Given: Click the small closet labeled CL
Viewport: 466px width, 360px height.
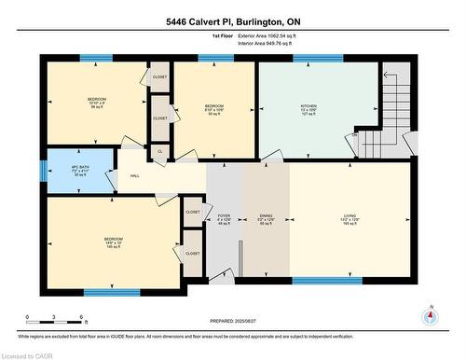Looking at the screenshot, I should tap(159, 150).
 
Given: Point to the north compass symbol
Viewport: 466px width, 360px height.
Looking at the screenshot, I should tap(430, 315).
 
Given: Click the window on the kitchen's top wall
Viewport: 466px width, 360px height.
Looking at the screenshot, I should tap(317, 59).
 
